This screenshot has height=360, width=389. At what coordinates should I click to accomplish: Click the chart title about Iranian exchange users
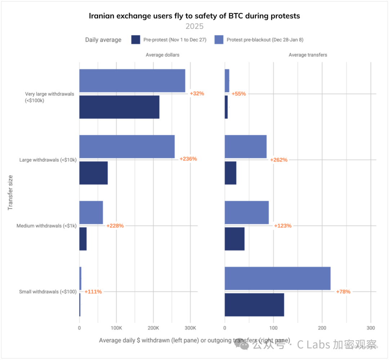[194, 16]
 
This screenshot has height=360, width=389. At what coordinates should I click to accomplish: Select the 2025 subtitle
[194, 26]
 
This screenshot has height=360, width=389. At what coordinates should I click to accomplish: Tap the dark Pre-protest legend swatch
[136, 40]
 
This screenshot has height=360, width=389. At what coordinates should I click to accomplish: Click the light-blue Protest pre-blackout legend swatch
[219, 40]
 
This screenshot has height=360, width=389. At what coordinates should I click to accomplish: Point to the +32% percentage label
[197, 94]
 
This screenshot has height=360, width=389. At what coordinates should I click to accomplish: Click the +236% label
[188, 159]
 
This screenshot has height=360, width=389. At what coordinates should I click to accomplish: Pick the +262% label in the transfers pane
[279, 160]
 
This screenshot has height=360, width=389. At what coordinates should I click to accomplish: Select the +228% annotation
[115, 226]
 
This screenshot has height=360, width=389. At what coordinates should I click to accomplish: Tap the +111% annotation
[93, 292]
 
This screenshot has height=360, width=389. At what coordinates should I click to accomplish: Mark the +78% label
[343, 292]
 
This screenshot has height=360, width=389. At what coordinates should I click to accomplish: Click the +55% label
[238, 94]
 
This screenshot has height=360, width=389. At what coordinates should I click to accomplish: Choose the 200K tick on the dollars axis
[153, 328]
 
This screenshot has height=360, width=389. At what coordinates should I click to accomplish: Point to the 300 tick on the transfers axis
[371, 328]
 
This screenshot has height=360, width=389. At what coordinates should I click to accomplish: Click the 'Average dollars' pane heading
[162, 55]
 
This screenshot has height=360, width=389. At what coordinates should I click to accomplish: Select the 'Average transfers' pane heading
[308, 55]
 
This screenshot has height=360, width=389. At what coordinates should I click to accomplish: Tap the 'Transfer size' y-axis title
[10, 192]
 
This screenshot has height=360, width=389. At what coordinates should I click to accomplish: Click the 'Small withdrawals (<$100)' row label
[47, 292]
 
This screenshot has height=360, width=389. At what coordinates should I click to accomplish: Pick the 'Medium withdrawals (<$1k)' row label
[46, 226]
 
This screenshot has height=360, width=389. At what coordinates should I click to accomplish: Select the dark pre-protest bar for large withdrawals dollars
[93, 173]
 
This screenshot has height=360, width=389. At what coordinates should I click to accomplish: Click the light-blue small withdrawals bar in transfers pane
[277, 278]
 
